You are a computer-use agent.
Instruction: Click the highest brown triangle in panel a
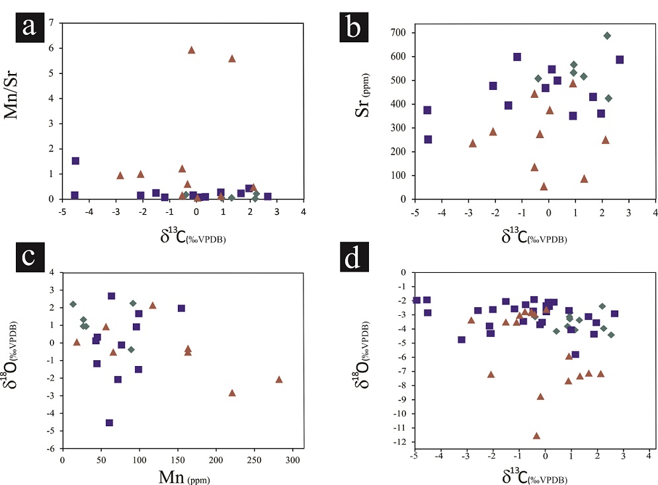[x=191, y=50]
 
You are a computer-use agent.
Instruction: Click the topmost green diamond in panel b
[x=607, y=36]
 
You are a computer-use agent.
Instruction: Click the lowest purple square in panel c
[x=109, y=423]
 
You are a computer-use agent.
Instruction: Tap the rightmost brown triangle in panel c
[x=279, y=379]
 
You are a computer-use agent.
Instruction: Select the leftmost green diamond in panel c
[x=73, y=304]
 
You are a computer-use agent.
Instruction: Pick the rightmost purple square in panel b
[x=620, y=59]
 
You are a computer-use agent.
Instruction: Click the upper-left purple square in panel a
[x=75, y=161]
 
